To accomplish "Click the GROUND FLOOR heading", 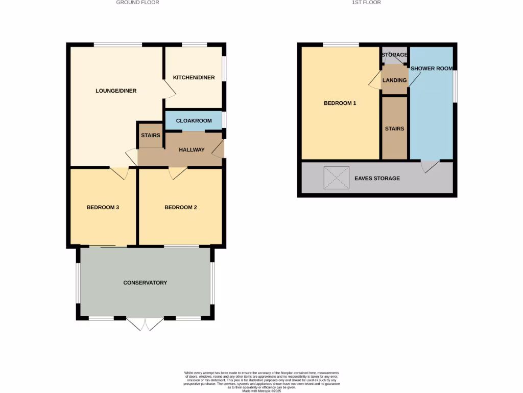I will (137, 3).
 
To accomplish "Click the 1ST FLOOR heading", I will (367, 3).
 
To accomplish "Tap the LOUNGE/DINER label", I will (116, 91).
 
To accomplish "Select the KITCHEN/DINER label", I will (194, 78).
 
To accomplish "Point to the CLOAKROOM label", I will (194, 121).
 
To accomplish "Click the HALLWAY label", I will (192, 150).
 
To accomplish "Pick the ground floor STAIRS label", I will (151, 136).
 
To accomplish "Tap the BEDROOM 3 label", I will (103, 207).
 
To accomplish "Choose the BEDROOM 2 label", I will (181, 207).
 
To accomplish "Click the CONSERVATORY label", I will (145, 282).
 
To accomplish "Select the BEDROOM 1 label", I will (340, 103).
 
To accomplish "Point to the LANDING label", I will (395, 80).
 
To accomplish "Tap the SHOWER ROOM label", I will (431, 68).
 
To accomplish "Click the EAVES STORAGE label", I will (377, 178).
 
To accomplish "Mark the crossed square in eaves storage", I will (337, 178).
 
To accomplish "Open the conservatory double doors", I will (145, 324).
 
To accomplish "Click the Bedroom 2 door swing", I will (177, 173).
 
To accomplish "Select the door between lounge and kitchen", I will (170, 87).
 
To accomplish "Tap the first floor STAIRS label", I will (395, 128).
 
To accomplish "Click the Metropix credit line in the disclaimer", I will (261, 390).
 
